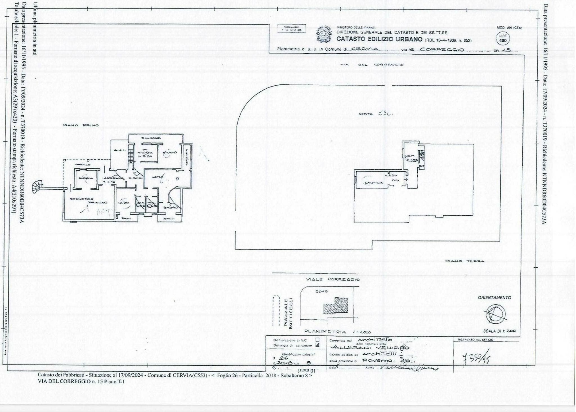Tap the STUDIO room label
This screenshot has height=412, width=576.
[x=170, y=153]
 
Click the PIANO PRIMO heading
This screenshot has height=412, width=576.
[x=80, y=125]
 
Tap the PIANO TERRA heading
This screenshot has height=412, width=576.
[x=465, y=261]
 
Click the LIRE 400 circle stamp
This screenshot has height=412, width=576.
[x=503, y=39]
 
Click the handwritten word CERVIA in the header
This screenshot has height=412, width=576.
[x=365, y=49]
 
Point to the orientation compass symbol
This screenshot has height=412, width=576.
[x=495, y=314]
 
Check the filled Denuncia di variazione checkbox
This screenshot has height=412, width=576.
[x=318, y=345]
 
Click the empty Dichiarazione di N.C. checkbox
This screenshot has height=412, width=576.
[x=318, y=340]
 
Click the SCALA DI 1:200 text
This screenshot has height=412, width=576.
[x=499, y=331]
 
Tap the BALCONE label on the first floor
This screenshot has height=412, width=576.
[x=151, y=138]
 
